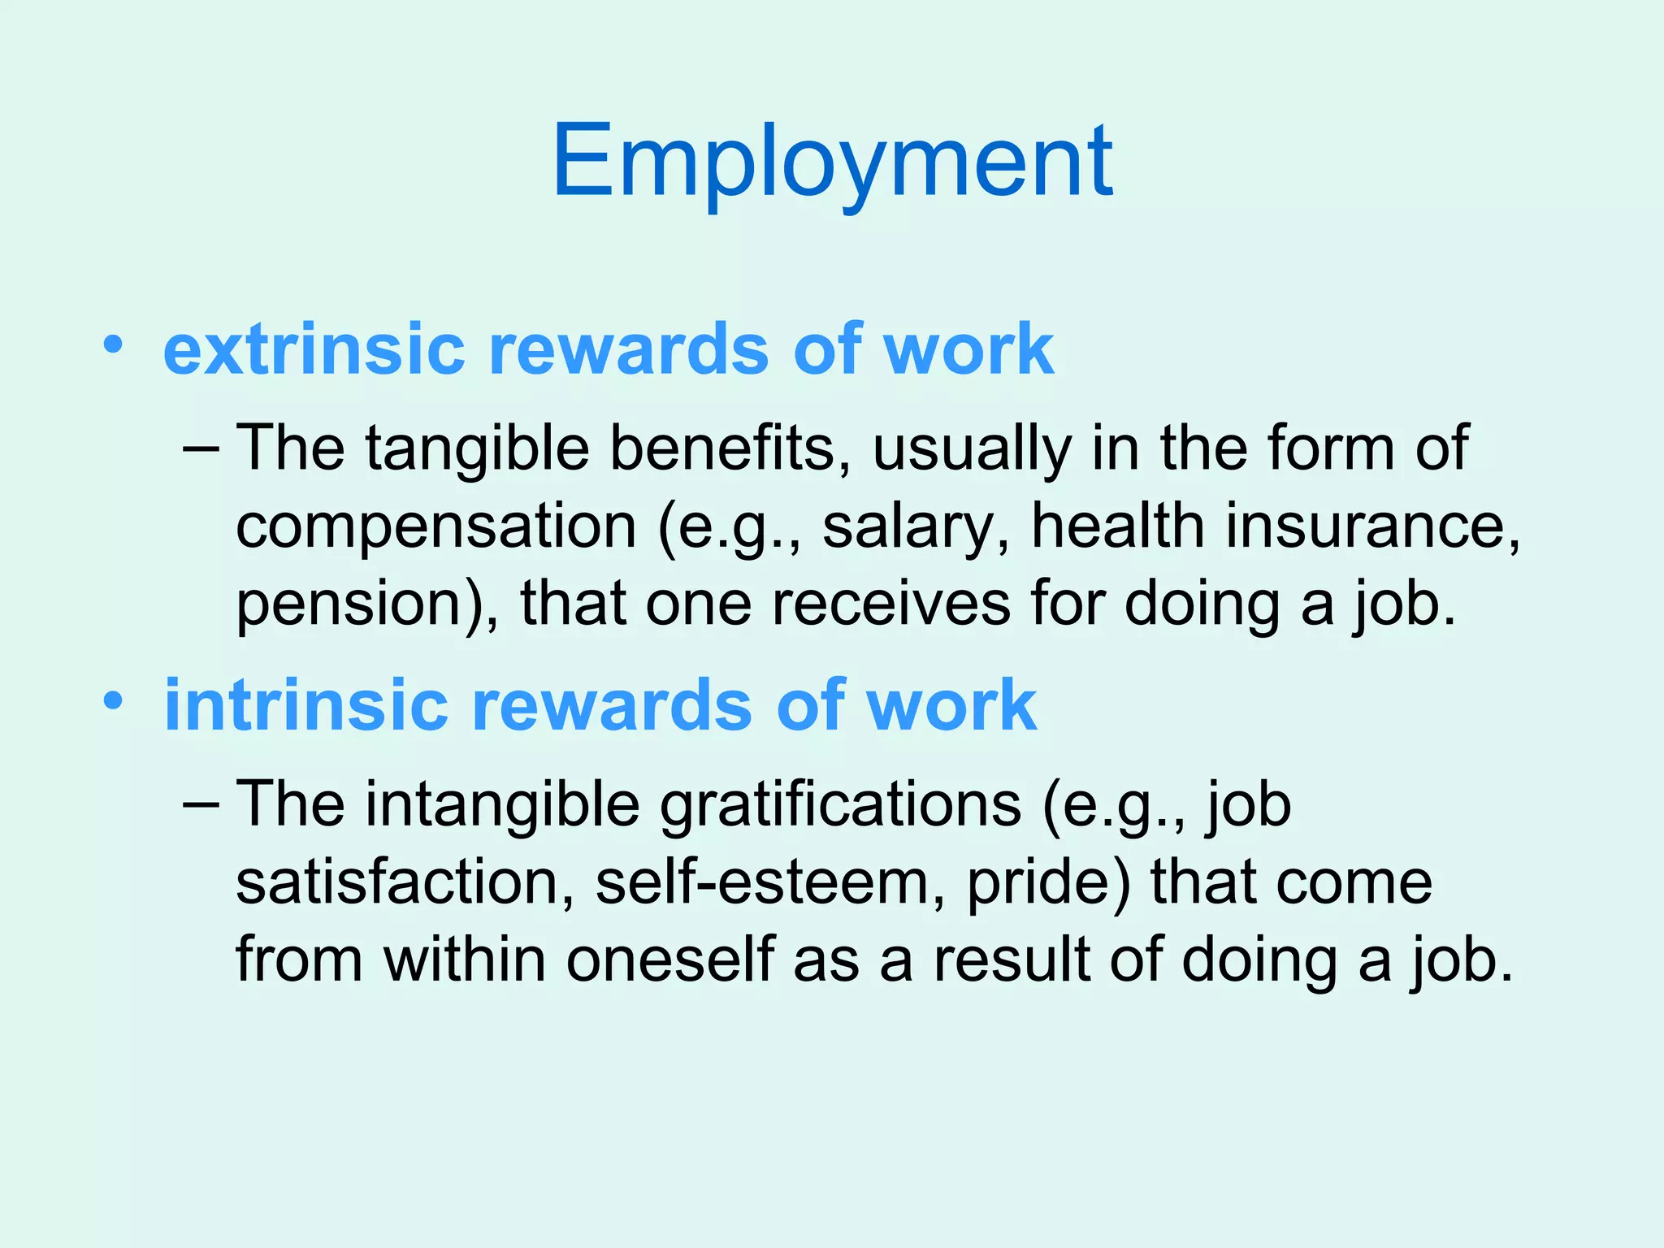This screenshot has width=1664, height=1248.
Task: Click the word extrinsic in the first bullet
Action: pyautogui.click(x=313, y=349)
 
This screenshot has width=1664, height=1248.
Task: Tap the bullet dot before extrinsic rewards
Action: pyautogui.click(x=113, y=344)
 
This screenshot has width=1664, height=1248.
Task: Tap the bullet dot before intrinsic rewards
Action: pyautogui.click(x=113, y=700)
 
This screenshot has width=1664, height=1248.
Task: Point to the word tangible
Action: pyautogui.click(x=477, y=448)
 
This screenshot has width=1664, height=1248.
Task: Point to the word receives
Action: pyautogui.click(x=890, y=604)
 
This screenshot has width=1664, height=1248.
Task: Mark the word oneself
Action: pyautogui.click(x=669, y=960)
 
